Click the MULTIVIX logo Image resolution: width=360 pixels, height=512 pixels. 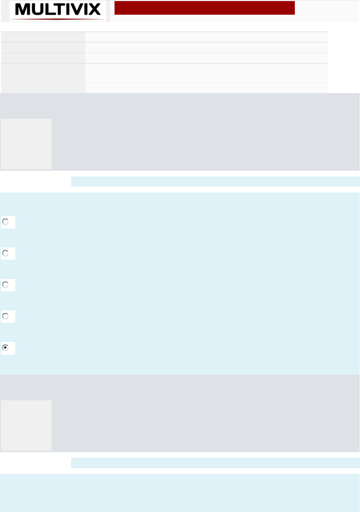pyautogui.click(x=58, y=10)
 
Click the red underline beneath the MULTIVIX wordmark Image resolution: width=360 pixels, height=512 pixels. pyautogui.click(x=58, y=19)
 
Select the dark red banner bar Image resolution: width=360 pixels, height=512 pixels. pyautogui.click(x=205, y=8)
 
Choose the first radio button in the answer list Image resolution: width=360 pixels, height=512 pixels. pyautogui.click(x=6, y=222)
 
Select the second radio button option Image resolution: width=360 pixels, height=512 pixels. pyautogui.click(x=6, y=253)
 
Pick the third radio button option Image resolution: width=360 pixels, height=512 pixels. pyautogui.click(x=6, y=285)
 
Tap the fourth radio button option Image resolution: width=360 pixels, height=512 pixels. pyautogui.click(x=6, y=316)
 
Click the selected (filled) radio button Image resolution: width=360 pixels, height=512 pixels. pyautogui.click(x=6, y=348)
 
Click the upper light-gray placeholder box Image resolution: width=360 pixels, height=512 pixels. pyautogui.click(x=26, y=144)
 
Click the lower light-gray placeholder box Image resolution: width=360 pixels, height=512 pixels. pyautogui.click(x=26, y=425)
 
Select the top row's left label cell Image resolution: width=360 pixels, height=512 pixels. pyautogui.click(x=43, y=37)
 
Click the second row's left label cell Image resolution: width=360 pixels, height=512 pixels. pyautogui.click(x=43, y=48)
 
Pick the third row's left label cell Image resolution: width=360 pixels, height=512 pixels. pyautogui.click(x=43, y=58)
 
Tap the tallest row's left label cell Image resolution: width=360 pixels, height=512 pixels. pyautogui.click(x=43, y=73)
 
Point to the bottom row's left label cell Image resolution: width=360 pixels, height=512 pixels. pyautogui.click(x=43, y=88)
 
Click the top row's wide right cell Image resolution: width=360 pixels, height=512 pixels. pyautogui.click(x=206, y=37)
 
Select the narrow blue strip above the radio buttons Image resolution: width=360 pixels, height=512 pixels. pyautogui.click(x=215, y=181)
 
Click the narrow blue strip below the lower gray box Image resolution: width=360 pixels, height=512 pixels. pyautogui.click(x=215, y=463)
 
